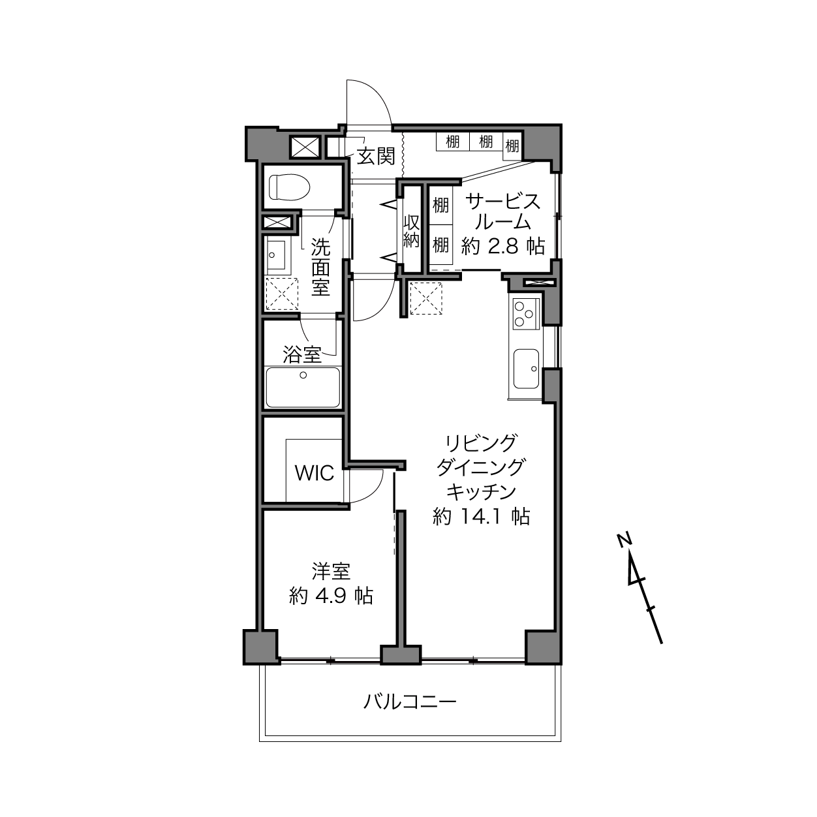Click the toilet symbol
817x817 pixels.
(290, 187)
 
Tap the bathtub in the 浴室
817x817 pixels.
(303, 388)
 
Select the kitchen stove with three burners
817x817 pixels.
(526, 314)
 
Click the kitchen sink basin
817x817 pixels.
(526, 369)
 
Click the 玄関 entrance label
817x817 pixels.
(376, 157)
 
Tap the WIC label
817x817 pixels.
(314, 472)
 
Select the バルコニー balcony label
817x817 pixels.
(410, 701)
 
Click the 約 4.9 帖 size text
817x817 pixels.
(331, 596)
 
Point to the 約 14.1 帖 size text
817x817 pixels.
(481, 517)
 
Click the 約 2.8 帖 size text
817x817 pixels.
(503, 246)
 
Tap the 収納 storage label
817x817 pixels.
(411, 231)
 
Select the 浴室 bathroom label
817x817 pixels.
(302, 354)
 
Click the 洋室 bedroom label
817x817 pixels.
(331, 572)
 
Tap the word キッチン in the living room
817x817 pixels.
(482, 492)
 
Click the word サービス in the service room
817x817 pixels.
(503, 202)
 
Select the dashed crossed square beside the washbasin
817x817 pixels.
(282, 294)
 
